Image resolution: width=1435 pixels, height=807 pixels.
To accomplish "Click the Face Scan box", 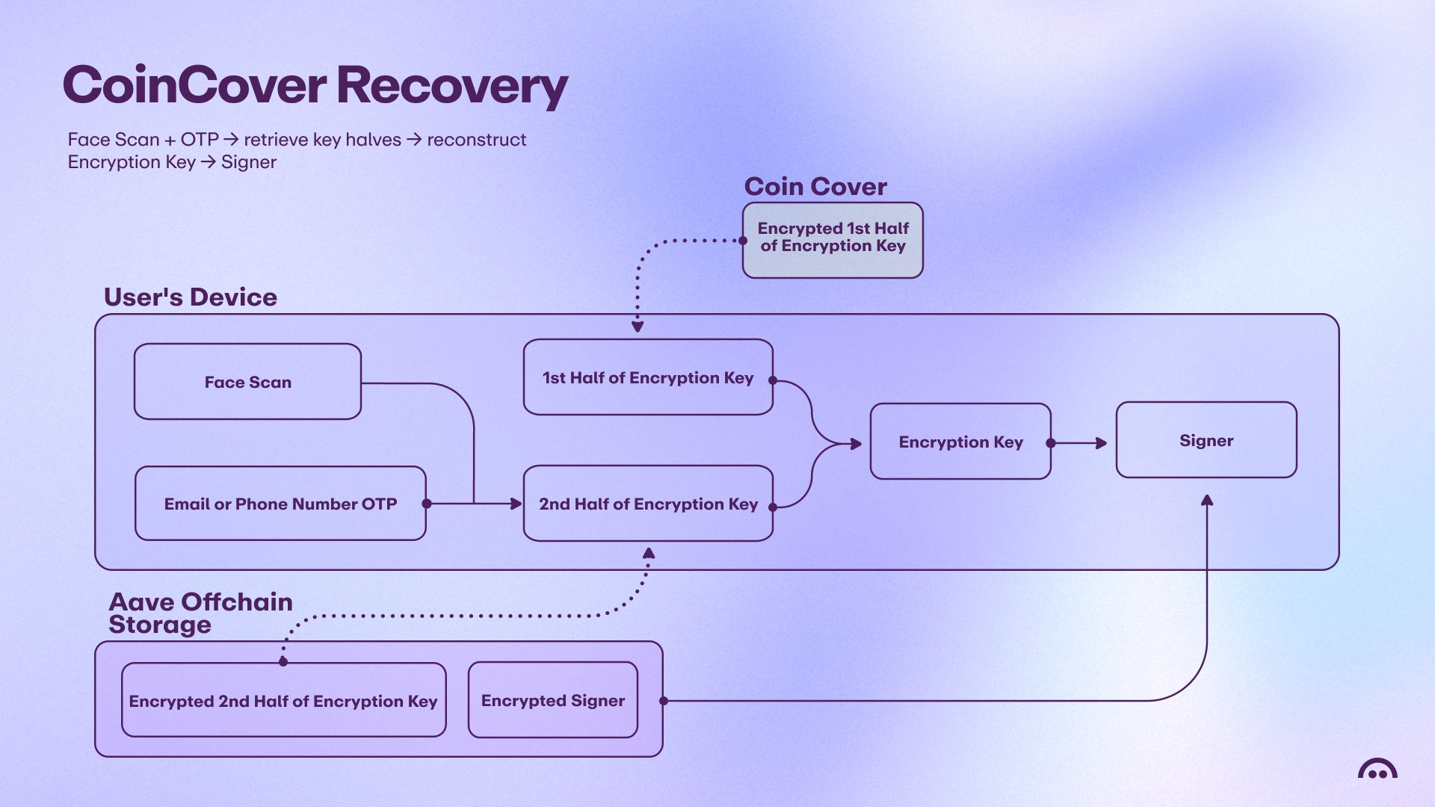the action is (247, 382).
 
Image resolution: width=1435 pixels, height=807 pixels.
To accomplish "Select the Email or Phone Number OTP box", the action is (280, 504).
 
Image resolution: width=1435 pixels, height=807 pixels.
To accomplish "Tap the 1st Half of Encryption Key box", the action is (648, 377).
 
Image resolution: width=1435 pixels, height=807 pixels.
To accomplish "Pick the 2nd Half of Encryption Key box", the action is (648, 504).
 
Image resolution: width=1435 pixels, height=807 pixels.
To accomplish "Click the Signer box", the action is (1206, 440).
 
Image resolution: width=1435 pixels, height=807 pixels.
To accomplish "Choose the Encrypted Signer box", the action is (553, 700).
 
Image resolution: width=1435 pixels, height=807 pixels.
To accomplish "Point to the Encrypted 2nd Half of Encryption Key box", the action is (283, 700).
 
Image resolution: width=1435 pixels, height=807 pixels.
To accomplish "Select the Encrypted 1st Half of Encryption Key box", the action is (833, 241).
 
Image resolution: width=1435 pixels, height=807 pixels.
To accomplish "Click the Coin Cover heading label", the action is (815, 186).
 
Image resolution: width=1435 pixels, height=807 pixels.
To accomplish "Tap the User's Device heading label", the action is (191, 297).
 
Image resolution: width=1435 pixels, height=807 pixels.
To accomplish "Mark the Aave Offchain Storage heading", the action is (200, 613).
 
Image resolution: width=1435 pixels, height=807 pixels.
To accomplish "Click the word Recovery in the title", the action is (452, 86).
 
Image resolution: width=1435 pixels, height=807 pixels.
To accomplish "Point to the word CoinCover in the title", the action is (195, 84).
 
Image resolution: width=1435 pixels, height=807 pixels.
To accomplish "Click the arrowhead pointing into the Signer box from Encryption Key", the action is (1102, 443).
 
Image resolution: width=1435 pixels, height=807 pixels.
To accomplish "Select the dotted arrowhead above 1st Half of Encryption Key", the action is (638, 327).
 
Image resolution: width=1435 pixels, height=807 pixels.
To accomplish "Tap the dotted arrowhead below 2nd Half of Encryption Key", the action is (649, 553).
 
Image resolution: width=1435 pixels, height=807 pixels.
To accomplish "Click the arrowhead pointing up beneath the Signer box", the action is (1207, 500).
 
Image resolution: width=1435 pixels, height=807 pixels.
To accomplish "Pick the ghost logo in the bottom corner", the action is (1377, 768).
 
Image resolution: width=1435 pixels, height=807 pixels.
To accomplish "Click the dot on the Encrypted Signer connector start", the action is (664, 701).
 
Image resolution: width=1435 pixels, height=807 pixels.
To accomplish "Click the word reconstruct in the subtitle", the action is (477, 140).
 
